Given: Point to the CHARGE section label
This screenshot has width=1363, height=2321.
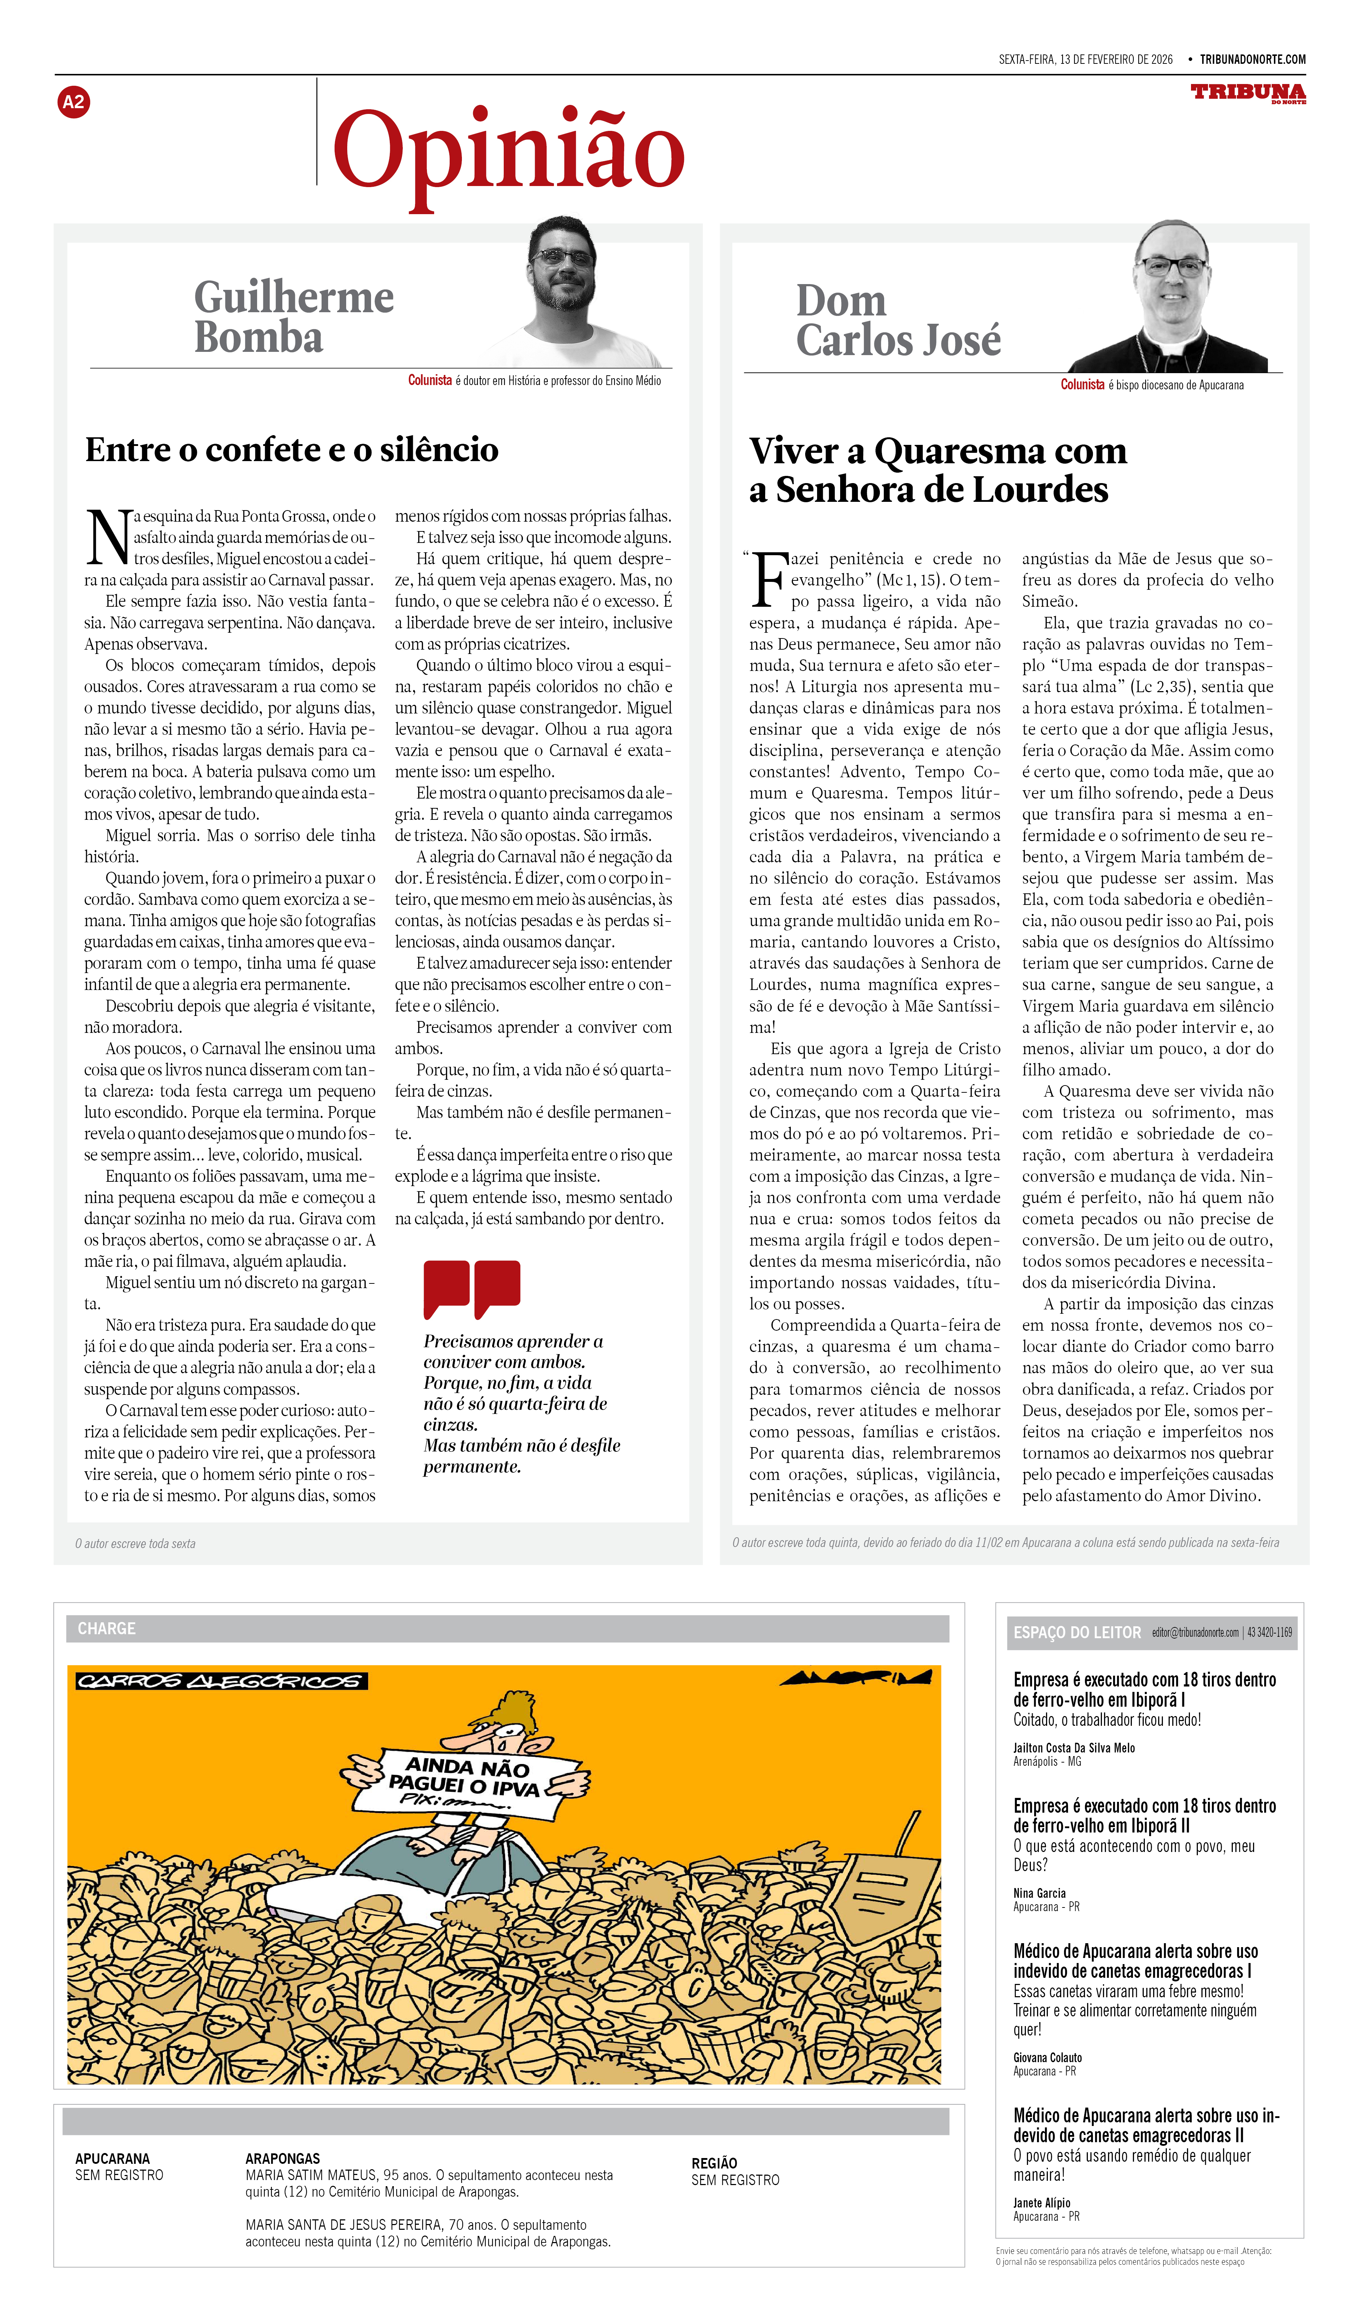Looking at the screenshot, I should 107,1628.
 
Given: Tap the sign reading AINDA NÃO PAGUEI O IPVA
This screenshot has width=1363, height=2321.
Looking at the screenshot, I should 470,1782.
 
